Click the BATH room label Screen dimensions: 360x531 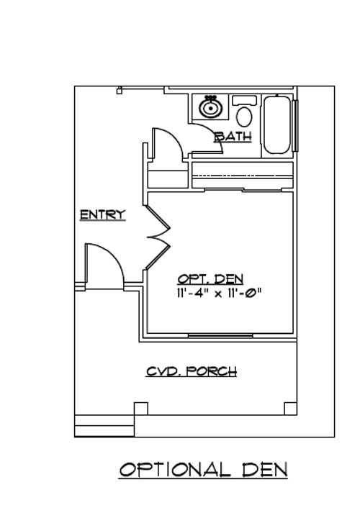click(x=233, y=137)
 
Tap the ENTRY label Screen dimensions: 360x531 click(x=102, y=214)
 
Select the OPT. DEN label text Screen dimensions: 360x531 click(x=210, y=279)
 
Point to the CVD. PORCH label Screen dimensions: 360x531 click(x=192, y=371)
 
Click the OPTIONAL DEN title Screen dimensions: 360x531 click(x=203, y=470)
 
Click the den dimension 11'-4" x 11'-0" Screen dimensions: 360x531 click(x=219, y=293)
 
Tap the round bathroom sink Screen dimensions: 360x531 click(x=210, y=107)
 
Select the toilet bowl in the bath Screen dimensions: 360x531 click(x=244, y=117)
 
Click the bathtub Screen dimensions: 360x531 click(x=277, y=125)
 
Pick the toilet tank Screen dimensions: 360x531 click(x=244, y=100)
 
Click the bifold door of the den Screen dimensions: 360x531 click(x=158, y=237)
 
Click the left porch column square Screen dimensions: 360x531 click(x=140, y=409)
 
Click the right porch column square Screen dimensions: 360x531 click(x=290, y=409)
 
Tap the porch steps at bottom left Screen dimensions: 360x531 click(x=104, y=426)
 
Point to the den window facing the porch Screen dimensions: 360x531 click(x=220, y=335)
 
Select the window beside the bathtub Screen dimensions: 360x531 click(x=295, y=125)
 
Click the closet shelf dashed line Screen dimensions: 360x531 click(x=243, y=176)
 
